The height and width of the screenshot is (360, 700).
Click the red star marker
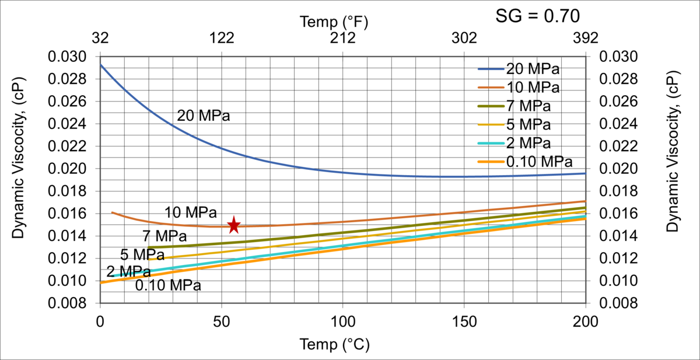[234, 225]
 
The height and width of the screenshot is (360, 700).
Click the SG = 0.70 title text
[537, 16]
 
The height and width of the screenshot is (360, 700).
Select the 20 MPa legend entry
[518, 69]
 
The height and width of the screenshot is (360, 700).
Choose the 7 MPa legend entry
[518, 106]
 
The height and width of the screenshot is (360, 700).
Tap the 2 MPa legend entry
[518, 143]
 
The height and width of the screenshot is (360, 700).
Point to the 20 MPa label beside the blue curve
[204, 116]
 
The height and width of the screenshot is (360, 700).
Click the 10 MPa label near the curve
[190, 212]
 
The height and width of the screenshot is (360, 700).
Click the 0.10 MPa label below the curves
[168, 286]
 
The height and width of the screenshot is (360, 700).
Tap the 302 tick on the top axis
[464, 39]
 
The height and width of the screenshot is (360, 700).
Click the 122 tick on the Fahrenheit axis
[222, 39]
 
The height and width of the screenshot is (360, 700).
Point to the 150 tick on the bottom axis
[464, 321]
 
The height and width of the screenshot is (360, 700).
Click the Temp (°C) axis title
[334, 344]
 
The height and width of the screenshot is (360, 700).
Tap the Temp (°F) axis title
[334, 22]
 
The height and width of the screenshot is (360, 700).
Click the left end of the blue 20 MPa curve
[101, 65]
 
